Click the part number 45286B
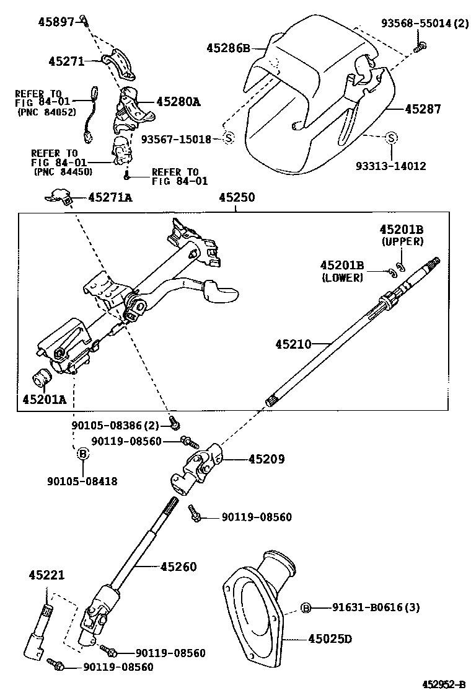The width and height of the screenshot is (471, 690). (x=227, y=48)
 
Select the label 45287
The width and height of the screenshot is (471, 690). (x=423, y=109)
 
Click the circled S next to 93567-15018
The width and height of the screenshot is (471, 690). (x=227, y=138)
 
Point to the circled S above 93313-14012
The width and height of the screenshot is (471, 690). (x=391, y=137)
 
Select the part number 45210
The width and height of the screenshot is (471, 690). (x=293, y=343)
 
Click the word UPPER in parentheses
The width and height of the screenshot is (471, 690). (x=402, y=241)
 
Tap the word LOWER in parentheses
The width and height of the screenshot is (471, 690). (x=342, y=278)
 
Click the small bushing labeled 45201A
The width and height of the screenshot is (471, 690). (x=42, y=376)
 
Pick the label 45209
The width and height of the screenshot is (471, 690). (x=266, y=460)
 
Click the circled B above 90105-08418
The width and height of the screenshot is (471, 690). (x=82, y=454)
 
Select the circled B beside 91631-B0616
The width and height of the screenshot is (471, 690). (x=306, y=607)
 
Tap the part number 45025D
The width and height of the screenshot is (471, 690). (x=330, y=638)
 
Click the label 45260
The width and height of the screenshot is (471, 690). (x=178, y=566)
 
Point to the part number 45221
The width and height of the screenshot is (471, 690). (x=46, y=575)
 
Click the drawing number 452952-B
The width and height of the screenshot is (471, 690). (x=444, y=684)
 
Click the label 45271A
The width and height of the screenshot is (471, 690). (x=110, y=197)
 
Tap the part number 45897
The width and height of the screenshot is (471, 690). (x=56, y=22)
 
